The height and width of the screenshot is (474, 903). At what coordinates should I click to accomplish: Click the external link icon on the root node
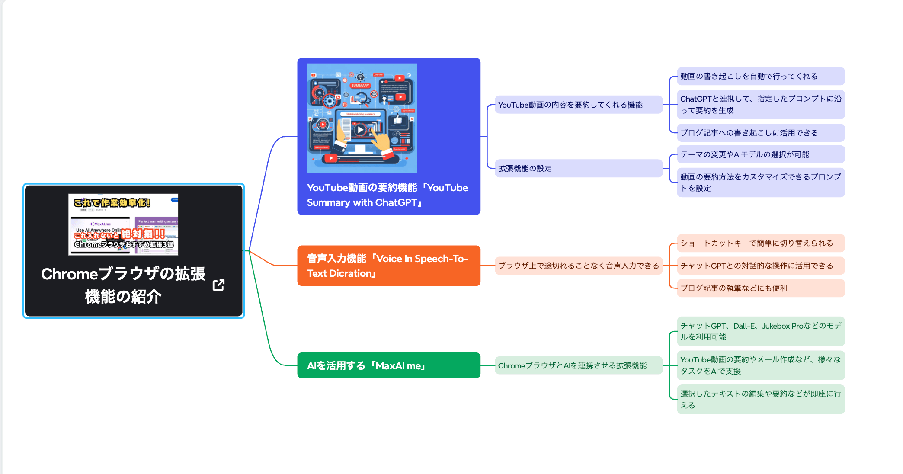[x=218, y=285]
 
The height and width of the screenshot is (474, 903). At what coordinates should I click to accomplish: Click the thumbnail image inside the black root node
[x=123, y=224]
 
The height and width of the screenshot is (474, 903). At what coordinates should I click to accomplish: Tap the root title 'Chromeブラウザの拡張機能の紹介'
[x=123, y=285]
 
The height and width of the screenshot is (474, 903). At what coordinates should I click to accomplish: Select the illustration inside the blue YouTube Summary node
[x=362, y=118]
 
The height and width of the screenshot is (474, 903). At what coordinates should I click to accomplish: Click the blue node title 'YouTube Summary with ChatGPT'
[x=387, y=195]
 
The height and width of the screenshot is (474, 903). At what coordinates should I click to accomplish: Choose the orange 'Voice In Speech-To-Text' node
[x=388, y=266]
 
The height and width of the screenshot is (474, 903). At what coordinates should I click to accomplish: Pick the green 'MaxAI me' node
[x=388, y=365]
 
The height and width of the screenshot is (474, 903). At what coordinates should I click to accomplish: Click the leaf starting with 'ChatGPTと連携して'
[x=760, y=105]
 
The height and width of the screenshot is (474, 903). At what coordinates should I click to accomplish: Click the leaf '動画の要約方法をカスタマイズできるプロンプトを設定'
[x=760, y=183]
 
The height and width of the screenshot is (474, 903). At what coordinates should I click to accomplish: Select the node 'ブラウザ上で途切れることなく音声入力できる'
[x=578, y=266]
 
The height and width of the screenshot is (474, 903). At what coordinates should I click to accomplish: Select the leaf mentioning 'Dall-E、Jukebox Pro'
[x=760, y=331]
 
